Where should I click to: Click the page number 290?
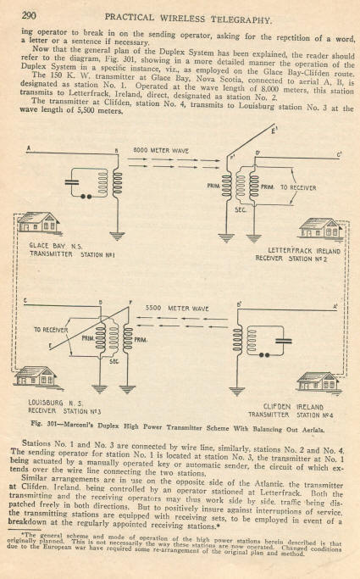29,15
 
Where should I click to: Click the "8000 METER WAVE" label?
161,151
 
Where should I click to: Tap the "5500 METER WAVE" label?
177,308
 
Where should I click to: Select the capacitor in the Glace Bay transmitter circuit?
72,182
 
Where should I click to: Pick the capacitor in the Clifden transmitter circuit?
283,341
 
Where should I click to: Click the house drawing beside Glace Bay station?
39,223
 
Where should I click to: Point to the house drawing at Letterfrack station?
321,229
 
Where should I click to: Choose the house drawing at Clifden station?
318,382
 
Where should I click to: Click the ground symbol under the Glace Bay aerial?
118,236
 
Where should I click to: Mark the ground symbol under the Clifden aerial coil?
237,391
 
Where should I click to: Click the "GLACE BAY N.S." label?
56,246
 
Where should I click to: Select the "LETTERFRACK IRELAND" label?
304,251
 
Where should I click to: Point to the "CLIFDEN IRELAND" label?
293,407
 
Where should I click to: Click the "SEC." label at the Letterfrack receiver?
240,210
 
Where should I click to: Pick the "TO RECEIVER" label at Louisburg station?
51,330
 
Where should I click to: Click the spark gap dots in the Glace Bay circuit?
86,197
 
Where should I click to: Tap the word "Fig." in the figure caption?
37,423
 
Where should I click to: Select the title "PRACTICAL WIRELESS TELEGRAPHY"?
188,18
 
